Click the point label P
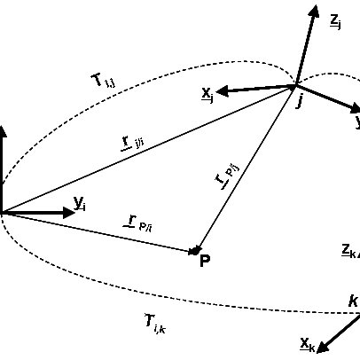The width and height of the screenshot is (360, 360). coord(205,261)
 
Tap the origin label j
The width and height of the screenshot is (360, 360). coord(300,102)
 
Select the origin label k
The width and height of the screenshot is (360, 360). coord(352,301)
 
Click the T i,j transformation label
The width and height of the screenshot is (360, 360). coord(103,82)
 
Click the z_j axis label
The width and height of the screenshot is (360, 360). coord(335,20)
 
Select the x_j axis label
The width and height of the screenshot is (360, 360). coord(207,93)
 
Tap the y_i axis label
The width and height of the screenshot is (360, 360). coord(80,204)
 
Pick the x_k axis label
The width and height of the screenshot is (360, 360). coord(307,342)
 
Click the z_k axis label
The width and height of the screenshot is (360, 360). coord(348,250)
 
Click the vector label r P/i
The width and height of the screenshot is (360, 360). coord(138,222)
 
